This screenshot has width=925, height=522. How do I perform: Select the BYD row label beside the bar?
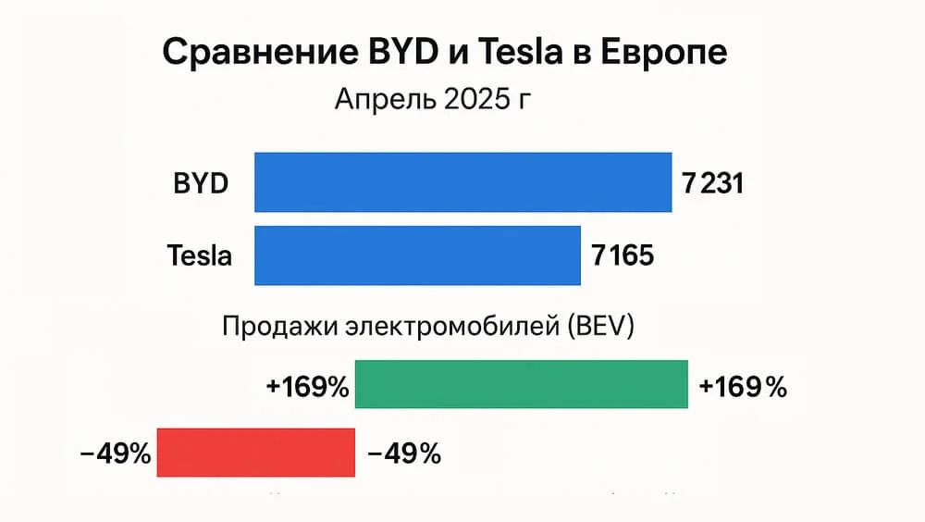[x=201, y=183]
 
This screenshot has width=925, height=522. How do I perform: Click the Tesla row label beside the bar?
[x=200, y=255]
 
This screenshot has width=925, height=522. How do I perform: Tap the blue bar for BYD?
[x=462, y=182]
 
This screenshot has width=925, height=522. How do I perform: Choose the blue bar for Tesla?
[x=417, y=255]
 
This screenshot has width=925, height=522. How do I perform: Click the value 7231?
[x=713, y=183]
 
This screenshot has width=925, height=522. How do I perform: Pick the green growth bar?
[x=522, y=384]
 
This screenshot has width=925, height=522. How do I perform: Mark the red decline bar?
[x=256, y=453]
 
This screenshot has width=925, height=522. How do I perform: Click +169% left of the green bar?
[x=307, y=387]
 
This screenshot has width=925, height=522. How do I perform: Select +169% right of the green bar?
[x=743, y=387]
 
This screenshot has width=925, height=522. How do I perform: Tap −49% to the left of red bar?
[x=116, y=454]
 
